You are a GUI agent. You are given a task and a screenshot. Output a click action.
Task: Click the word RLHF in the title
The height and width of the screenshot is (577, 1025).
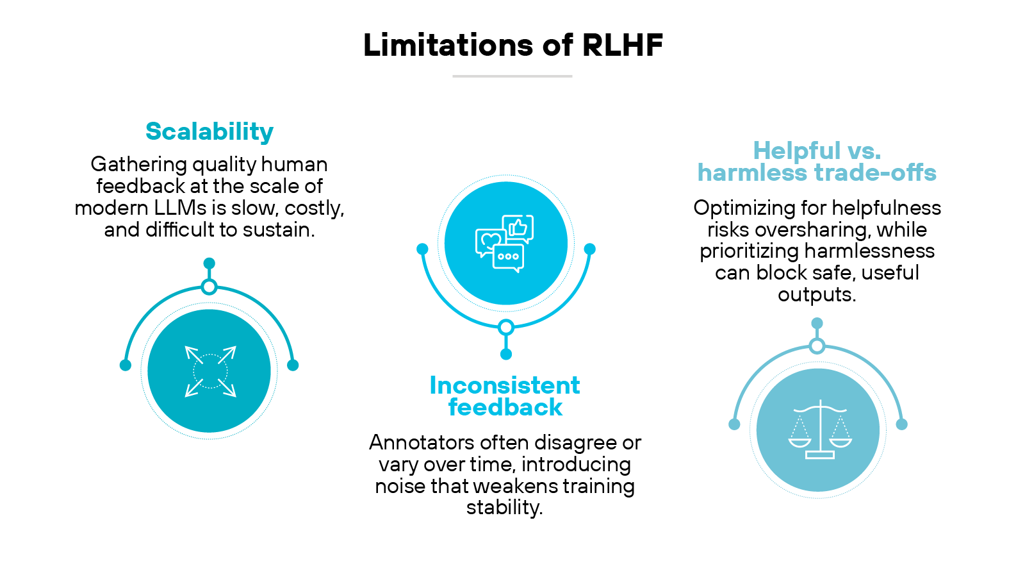pyautogui.click(x=622, y=45)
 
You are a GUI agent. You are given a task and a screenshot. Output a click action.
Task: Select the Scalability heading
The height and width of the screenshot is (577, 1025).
pyautogui.click(x=209, y=131)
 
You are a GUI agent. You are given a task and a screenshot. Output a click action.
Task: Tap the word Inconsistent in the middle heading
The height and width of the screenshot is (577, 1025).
pyautogui.click(x=505, y=385)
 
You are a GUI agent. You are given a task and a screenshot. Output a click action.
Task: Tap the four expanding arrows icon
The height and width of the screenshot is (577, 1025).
pyautogui.click(x=210, y=371)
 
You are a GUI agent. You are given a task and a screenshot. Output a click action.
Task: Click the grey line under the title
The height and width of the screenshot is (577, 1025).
pyautogui.click(x=512, y=76)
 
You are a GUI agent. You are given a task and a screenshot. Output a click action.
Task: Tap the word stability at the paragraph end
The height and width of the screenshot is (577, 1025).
pyautogui.click(x=504, y=508)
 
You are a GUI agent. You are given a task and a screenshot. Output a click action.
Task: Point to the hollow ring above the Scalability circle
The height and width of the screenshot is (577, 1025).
pyautogui.click(x=209, y=287)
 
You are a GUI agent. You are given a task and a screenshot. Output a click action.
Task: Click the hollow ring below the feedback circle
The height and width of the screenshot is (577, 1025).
pyautogui.click(x=506, y=328)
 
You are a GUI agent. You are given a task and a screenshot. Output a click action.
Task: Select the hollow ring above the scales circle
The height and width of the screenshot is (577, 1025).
pyautogui.click(x=817, y=346)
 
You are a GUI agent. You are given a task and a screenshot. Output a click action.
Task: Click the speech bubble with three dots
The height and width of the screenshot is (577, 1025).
pyautogui.click(x=509, y=257)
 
